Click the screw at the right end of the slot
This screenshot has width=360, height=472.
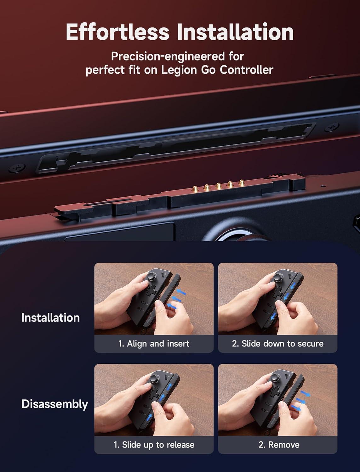332,128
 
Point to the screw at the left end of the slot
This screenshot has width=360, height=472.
15,168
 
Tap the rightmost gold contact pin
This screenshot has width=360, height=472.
242,183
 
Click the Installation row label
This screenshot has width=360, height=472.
50,318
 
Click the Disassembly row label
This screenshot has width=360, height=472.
54,404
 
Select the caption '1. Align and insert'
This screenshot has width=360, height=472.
154,344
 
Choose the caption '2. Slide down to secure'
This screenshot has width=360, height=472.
277,344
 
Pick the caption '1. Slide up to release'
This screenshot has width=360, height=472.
154,445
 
